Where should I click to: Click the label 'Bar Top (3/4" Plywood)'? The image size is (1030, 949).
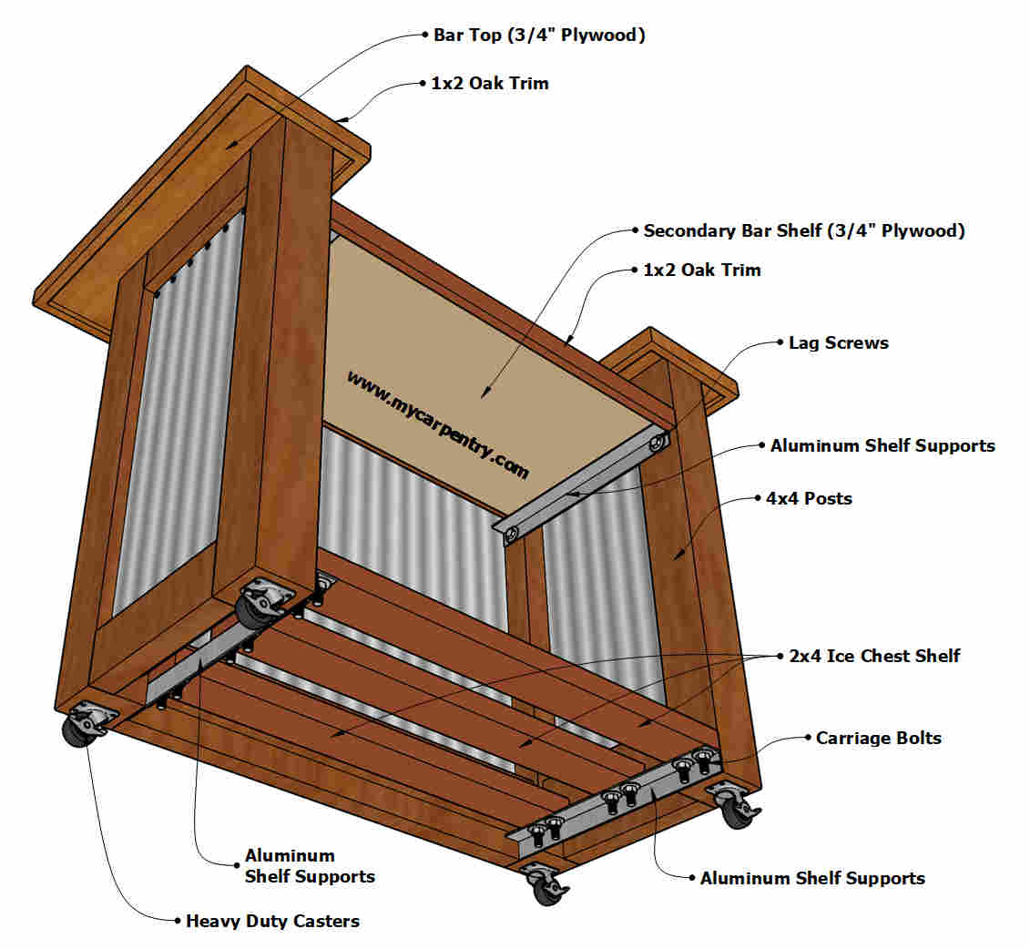(x=539, y=35)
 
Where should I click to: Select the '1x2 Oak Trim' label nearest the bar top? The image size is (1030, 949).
(x=490, y=84)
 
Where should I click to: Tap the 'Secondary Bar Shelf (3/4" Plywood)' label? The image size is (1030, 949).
(x=804, y=230)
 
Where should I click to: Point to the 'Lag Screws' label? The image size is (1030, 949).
(x=839, y=342)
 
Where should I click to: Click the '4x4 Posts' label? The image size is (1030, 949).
(x=810, y=498)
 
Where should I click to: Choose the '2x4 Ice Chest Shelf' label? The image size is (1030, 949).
(x=874, y=656)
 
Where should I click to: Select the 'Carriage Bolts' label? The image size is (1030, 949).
(x=878, y=739)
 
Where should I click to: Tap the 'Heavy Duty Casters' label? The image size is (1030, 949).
(x=272, y=922)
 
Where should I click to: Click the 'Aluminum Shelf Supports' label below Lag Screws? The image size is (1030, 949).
(x=882, y=446)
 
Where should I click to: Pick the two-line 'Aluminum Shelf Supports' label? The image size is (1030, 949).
(x=310, y=865)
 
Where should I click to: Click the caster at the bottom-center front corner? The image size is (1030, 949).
(x=546, y=883)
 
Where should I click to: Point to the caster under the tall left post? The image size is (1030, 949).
(x=263, y=602)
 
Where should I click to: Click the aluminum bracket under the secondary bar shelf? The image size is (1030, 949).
(x=582, y=485)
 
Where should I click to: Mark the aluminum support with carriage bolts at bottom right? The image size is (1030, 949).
(x=614, y=801)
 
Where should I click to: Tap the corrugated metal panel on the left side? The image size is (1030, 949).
(x=179, y=413)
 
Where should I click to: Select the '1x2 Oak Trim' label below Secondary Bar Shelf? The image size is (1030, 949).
(x=701, y=270)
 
